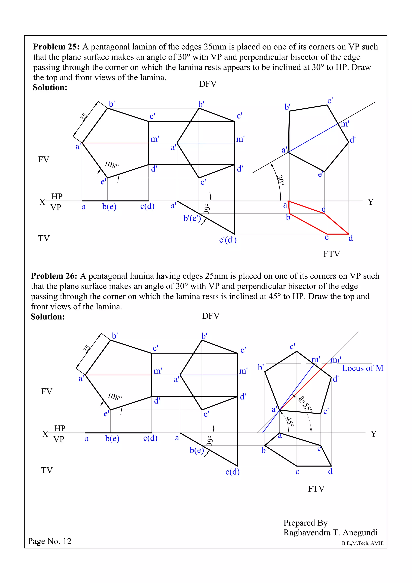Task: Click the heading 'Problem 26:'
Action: click(x=54, y=276)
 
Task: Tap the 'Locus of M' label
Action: click(x=363, y=368)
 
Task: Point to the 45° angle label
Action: click(x=290, y=422)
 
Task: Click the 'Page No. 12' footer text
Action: click(x=49, y=541)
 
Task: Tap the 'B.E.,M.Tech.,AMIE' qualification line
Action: click(x=363, y=543)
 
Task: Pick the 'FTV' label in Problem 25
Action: click(x=331, y=254)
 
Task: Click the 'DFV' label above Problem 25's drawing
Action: click(x=208, y=84)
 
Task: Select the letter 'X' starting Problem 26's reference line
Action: click(x=45, y=434)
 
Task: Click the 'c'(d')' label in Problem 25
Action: click(x=228, y=240)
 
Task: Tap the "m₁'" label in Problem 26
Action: click(x=336, y=360)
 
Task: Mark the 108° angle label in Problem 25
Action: click(x=111, y=165)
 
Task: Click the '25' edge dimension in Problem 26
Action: click(x=86, y=349)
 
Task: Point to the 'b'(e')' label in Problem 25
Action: click(x=192, y=218)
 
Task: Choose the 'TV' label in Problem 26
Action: click(x=47, y=471)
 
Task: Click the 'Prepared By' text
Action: click(x=305, y=523)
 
